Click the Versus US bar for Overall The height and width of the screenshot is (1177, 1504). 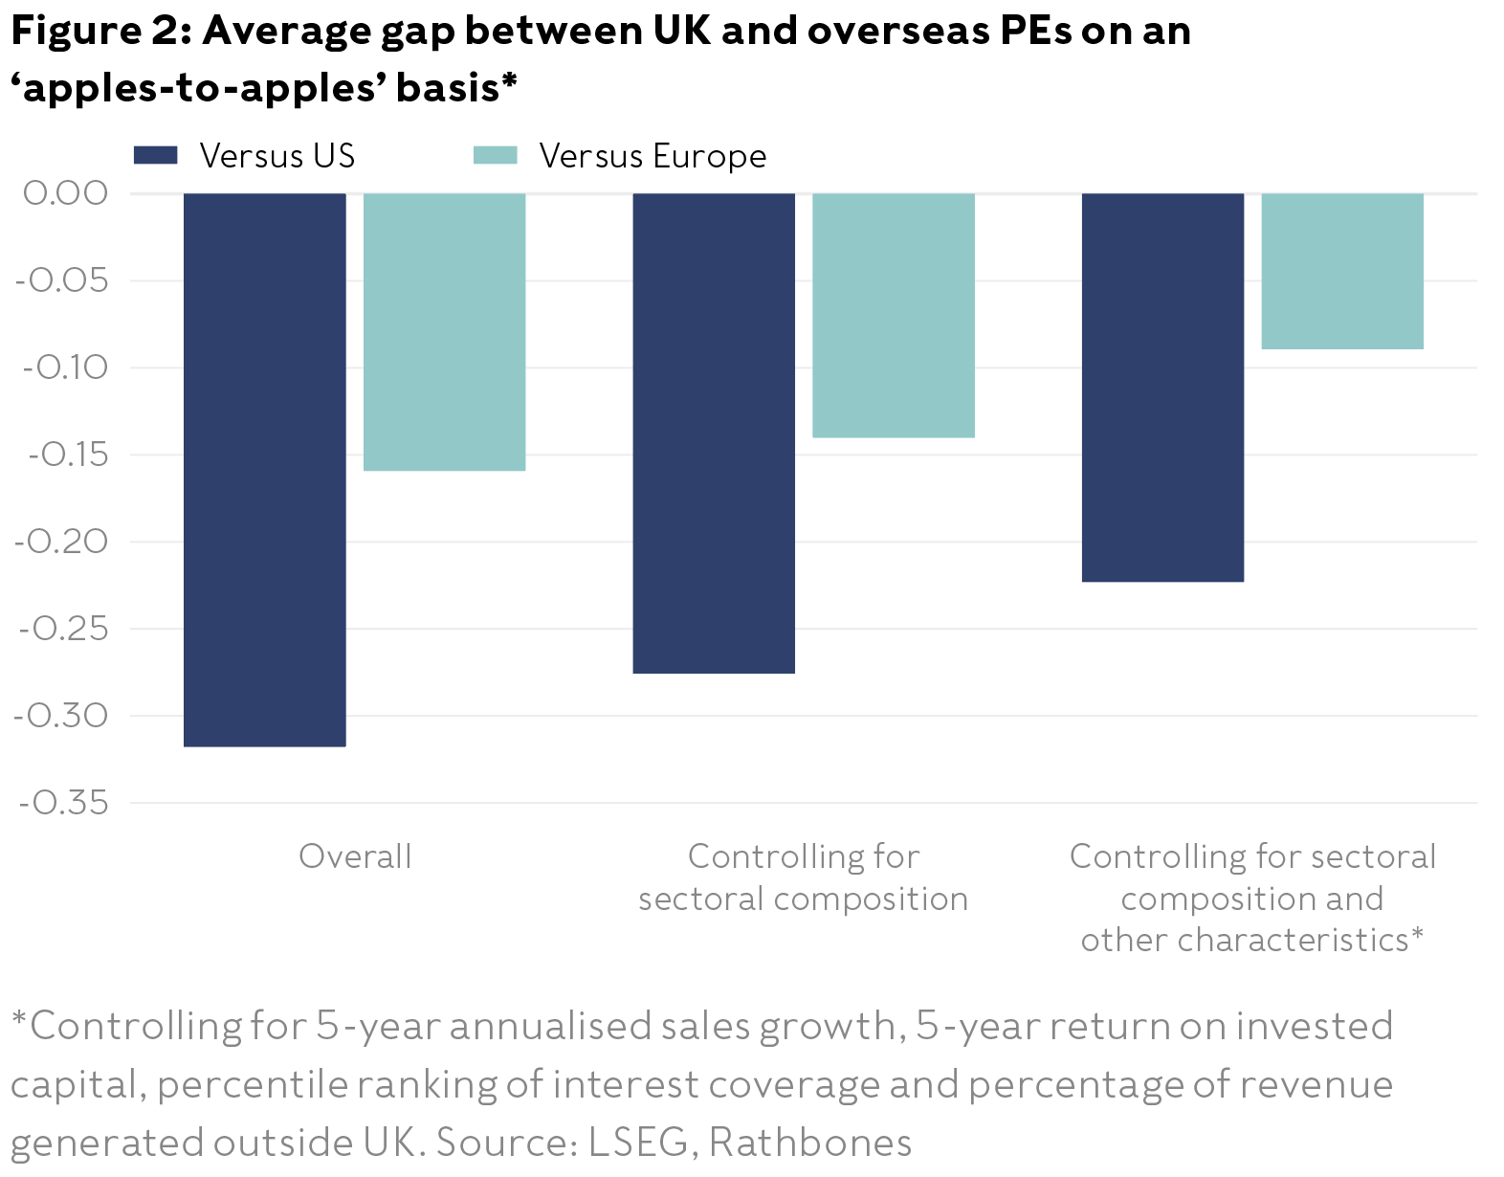click(264, 469)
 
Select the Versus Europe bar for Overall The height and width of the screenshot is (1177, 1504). click(444, 331)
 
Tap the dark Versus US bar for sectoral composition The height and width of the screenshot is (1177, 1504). click(714, 433)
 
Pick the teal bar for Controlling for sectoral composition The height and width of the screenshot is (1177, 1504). click(894, 315)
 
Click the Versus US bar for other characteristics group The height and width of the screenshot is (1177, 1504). click(1162, 387)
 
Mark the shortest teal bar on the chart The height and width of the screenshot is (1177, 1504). click(1342, 271)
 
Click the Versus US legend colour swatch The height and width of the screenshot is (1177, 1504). click(155, 155)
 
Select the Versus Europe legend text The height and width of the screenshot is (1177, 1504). click(652, 156)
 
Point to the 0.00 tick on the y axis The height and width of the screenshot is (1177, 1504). click(65, 192)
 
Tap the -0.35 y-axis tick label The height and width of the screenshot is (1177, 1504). click(63, 803)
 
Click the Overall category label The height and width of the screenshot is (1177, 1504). click(355, 855)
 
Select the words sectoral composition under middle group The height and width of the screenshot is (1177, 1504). click(803, 899)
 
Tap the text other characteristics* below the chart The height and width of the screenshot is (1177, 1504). click(1251, 940)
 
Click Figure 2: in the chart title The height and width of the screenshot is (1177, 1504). click(100, 31)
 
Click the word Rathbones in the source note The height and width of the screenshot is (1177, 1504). click(809, 1142)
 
